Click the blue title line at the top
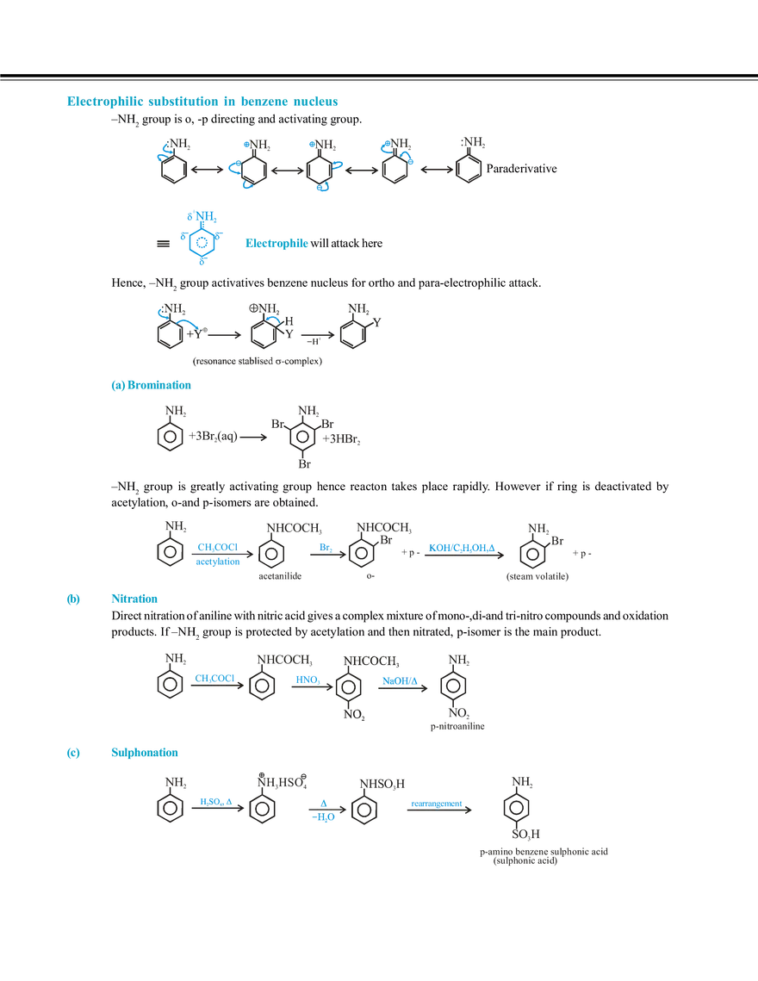point(203,102)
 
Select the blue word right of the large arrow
point(276,245)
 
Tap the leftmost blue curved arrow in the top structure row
point(159,156)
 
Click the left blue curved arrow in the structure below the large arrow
point(160,311)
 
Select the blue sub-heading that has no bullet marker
point(148,386)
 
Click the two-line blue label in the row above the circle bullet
point(215,555)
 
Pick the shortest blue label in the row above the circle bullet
point(324,546)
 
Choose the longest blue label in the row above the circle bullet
point(463,546)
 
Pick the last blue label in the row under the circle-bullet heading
point(400,680)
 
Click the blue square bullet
point(73,754)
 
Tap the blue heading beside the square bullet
point(143,754)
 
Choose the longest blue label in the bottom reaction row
point(436,804)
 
